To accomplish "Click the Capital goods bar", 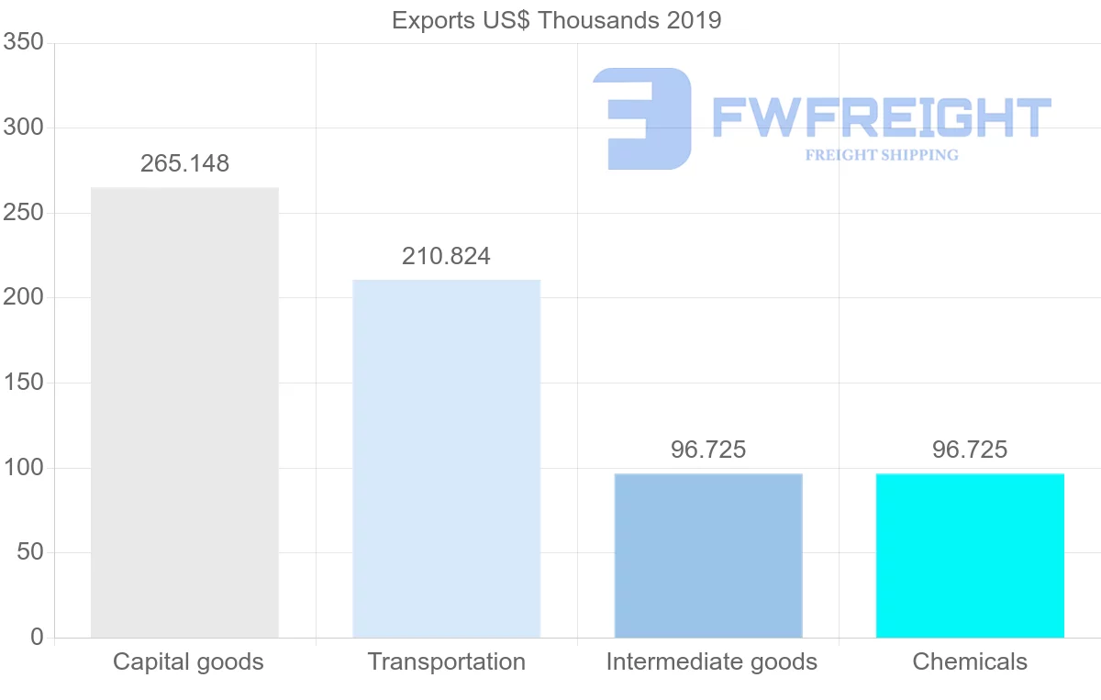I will pyautogui.click(x=184, y=413).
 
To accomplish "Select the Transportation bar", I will pyautogui.click(x=447, y=459).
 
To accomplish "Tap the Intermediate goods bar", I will pyautogui.click(x=708, y=556).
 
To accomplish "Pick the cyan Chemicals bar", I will pyautogui.click(x=970, y=556).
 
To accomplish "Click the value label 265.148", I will pyautogui.click(x=184, y=164).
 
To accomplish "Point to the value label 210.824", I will pyautogui.click(x=446, y=257).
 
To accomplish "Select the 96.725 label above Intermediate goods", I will pyautogui.click(x=708, y=450).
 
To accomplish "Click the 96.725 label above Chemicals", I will pyautogui.click(x=970, y=450).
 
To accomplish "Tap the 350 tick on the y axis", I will pyautogui.click(x=24, y=42).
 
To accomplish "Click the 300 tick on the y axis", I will pyautogui.click(x=24, y=128).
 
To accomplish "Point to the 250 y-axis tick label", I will pyautogui.click(x=24, y=213).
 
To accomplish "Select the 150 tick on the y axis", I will pyautogui.click(x=24, y=383).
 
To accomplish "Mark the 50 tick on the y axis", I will pyautogui.click(x=30, y=552).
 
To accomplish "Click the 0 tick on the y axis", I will pyautogui.click(x=37, y=638).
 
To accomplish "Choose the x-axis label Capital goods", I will pyautogui.click(x=188, y=662).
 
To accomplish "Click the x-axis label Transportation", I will pyautogui.click(x=447, y=662).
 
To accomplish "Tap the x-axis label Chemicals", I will pyautogui.click(x=970, y=662).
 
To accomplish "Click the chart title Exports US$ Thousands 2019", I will pyautogui.click(x=557, y=20).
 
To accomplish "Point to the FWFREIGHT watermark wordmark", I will pyautogui.click(x=881, y=118).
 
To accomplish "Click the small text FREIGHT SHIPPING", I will pyautogui.click(x=882, y=155).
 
